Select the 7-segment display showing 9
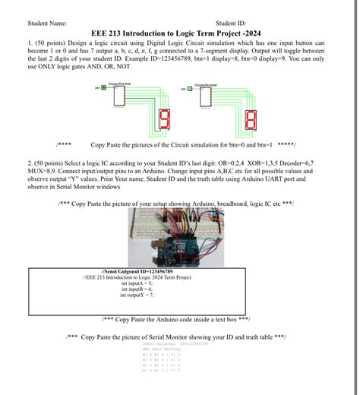163,118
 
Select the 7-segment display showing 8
251,119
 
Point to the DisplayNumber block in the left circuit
119,96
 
